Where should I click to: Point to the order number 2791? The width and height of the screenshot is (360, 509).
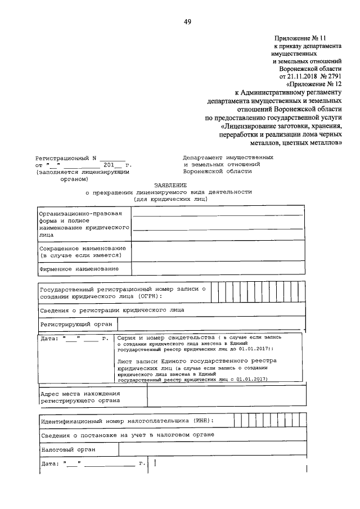pyautogui.click(x=332, y=75)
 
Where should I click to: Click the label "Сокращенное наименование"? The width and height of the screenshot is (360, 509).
pyautogui.click(x=82, y=248)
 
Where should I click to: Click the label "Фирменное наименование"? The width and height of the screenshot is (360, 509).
pyautogui.click(x=78, y=269)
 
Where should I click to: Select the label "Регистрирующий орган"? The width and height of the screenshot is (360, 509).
pyautogui.click(x=76, y=324)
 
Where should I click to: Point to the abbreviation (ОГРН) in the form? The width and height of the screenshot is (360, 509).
pyautogui.click(x=148, y=295)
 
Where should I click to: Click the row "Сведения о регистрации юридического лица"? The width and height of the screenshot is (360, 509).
pyautogui.click(x=111, y=309)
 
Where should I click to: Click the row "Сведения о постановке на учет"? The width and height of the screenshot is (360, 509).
pyautogui.click(x=127, y=435)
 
